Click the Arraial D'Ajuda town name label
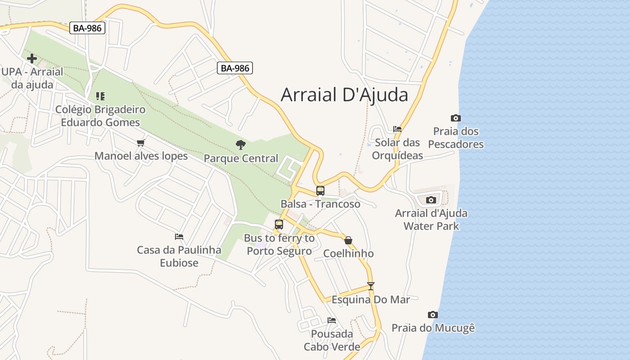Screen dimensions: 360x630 (344, 95)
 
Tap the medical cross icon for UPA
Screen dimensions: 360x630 (32, 58)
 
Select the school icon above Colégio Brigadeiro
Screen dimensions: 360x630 (100, 96)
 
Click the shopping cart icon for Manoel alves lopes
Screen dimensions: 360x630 (141, 143)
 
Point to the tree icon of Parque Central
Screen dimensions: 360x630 (241, 145)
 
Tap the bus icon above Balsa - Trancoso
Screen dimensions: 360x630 (320, 190)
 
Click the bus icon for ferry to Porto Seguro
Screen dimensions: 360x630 (279, 224)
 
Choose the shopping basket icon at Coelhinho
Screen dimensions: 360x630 (348, 240)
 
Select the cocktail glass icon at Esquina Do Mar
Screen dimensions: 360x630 (370, 286)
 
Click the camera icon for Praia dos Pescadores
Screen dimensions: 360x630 (456, 118)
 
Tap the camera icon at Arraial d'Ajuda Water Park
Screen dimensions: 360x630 (431, 200)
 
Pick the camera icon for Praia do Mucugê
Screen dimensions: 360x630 (433, 315)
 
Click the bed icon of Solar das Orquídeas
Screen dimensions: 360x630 (397, 129)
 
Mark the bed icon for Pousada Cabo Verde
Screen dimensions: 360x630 (332, 320)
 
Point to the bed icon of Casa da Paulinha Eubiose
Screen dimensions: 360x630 (179, 236)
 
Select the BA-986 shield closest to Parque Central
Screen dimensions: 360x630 (235, 68)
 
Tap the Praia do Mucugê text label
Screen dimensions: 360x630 (433, 328)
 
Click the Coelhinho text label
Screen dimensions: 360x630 (348, 253)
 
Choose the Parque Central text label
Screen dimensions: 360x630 (241, 158)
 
